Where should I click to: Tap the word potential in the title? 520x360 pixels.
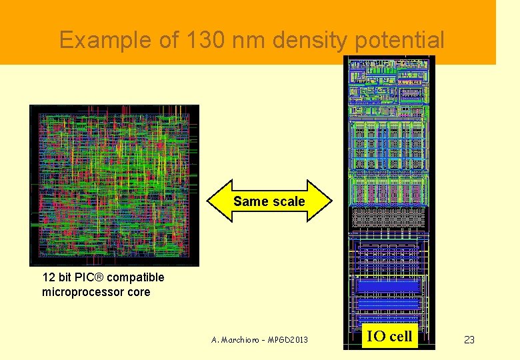[x=399, y=41]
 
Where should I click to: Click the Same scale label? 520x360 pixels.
[x=269, y=201]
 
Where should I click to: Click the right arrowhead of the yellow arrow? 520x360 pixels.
[x=322, y=201]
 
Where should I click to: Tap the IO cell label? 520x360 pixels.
[x=390, y=337]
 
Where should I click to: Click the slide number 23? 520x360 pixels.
[x=469, y=340]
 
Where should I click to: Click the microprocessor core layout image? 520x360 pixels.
[x=114, y=185]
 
